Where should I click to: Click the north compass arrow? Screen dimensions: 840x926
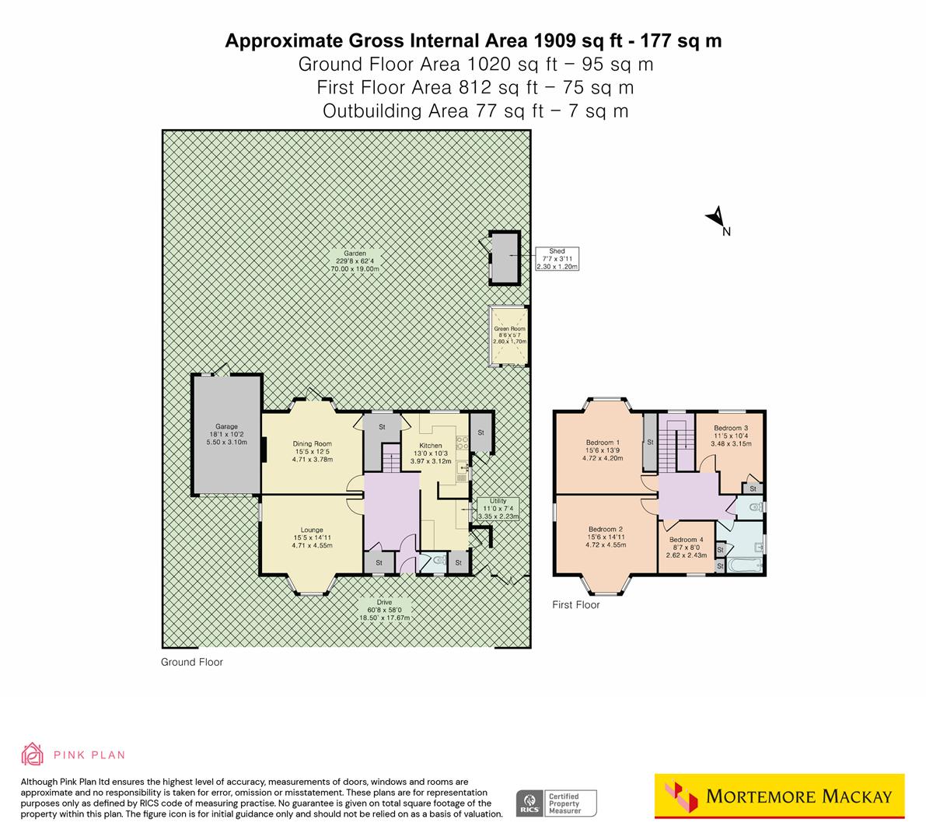(717, 219)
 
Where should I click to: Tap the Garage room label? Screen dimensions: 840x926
(226, 434)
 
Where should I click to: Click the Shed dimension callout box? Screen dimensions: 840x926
(557, 258)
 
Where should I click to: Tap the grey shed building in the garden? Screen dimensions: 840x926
(504, 257)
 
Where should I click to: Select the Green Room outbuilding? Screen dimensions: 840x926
(509, 335)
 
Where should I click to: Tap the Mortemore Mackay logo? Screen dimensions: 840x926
(779, 796)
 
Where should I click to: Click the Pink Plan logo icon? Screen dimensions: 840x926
(32, 754)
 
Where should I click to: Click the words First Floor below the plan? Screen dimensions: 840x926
(575, 604)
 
